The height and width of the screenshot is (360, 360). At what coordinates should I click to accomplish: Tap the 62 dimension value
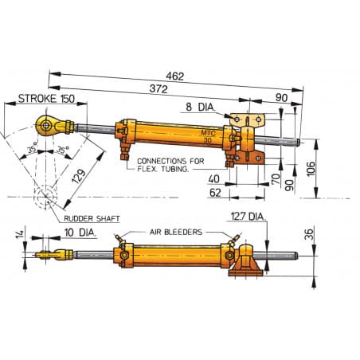(x=213, y=192)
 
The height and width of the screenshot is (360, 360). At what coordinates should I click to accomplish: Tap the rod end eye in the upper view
(x=46, y=123)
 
